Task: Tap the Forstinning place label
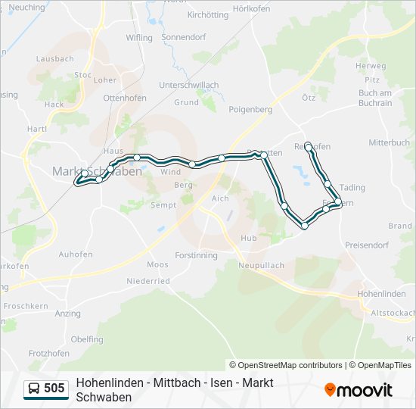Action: tap(196, 255)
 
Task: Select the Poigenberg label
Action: tap(250, 109)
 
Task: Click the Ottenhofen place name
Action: tap(123, 98)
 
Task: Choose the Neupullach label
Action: tap(260, 266)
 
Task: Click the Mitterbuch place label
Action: tap(389, 142)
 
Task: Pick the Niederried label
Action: tap(147, 281)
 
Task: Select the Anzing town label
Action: tap(68, 314)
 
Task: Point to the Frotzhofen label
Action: tap(49, 353)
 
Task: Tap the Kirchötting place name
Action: tap(207, 14)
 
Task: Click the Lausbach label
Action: tap(54, 58)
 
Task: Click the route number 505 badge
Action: tap(54, 389)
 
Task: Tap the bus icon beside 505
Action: tap(34, 389)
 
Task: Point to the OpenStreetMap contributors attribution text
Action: tap(286, 365)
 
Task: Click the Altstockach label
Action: tap(393, 312)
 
